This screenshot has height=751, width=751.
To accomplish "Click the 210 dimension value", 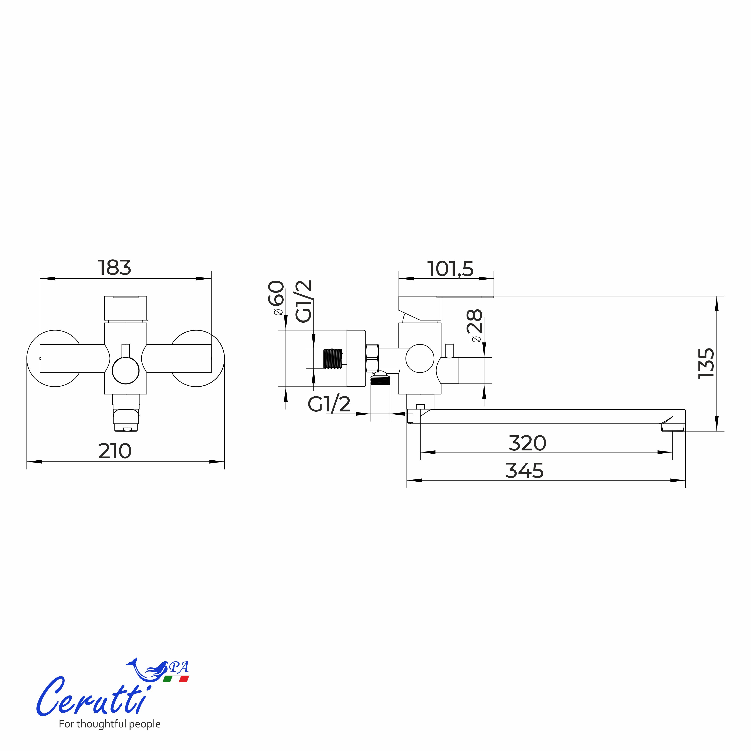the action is coord(115,451).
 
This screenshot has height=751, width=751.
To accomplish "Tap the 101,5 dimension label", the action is coord(450,269).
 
